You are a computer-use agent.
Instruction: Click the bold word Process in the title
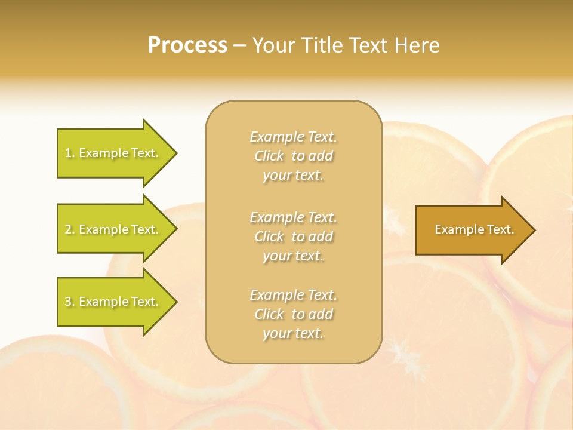pyautogui.click(x=187, y=45)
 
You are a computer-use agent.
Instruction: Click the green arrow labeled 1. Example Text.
pyautogui.click(x=113, y=153)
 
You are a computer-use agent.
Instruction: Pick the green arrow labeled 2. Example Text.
pyautogui.click(x=113, y=229)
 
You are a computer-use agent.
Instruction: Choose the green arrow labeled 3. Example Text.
pyautogui.click(x=113, y=302)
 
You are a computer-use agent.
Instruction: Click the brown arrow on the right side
pyautogui.click(x=472, y=230)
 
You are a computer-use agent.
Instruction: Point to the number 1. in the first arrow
pyautogui.click(x=70, y=153)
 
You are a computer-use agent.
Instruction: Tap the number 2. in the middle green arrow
pyautogui.click(x=70, y=229)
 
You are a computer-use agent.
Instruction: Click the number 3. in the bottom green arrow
pyautogui.click(x=70, y=302)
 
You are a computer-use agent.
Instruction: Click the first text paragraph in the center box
pyautogui.click(x=294, y=156)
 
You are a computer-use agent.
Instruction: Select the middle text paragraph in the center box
pyautogui.click(x=294, y=236)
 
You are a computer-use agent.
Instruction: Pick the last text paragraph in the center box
pyautogui.click(x=294, y=314)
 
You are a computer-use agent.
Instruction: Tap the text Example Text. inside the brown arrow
pyautogui.click(x=474, y=229)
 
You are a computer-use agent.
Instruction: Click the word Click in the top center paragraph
pyautogui.click(x=269, y=156)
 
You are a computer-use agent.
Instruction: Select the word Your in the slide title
pyautogui.click(x=275, y=45)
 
